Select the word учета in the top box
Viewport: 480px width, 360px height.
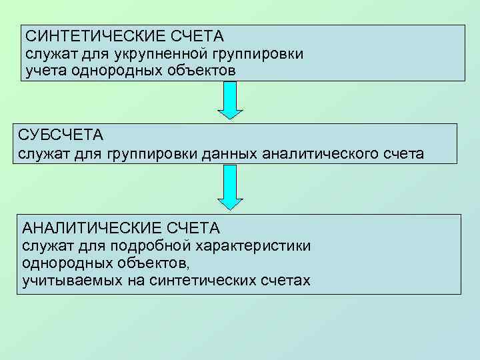(x=42, y=69)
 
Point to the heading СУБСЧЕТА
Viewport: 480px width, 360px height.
(x=61, y=135)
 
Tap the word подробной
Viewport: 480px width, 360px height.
(x=152, y=245)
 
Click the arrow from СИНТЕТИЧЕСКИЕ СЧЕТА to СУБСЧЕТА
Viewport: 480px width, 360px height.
(x=231, y=100)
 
